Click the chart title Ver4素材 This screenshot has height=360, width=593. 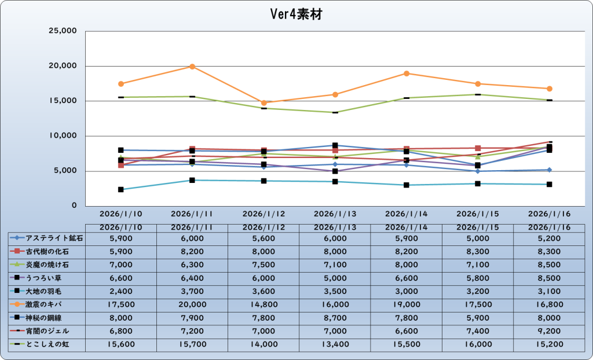295,13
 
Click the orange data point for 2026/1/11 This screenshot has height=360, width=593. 192,67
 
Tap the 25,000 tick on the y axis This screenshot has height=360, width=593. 61,31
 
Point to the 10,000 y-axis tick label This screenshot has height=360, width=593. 61,136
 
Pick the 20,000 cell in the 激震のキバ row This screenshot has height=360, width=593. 192,304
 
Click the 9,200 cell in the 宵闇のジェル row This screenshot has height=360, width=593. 549,330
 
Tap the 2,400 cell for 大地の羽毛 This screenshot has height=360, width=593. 120,291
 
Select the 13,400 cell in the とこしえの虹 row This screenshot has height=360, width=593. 335,344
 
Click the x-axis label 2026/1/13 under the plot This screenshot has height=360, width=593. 335,214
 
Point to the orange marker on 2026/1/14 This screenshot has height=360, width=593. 407,74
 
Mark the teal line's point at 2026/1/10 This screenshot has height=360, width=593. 120,189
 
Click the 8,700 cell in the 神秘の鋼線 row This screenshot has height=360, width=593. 335,317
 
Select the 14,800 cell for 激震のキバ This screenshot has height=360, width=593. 263,304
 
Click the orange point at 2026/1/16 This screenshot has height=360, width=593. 549,89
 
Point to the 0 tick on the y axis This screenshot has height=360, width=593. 74,206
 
